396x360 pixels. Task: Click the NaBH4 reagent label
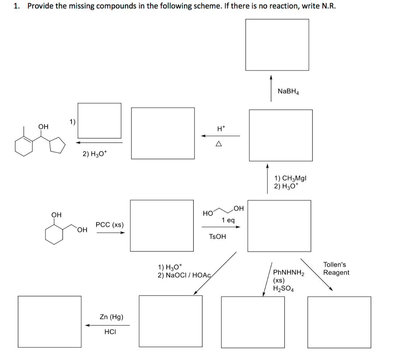[288, 92]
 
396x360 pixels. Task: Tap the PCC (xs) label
[110, 225]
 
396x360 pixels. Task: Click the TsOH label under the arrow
[217, 236]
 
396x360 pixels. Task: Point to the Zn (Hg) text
[111, 317]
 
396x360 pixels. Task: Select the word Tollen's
[335, 265]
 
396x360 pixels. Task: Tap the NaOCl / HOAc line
[185, 275]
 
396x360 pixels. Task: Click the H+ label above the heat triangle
[221, 128]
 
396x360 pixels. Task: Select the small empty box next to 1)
[99, 120]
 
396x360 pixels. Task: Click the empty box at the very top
[277, 45]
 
